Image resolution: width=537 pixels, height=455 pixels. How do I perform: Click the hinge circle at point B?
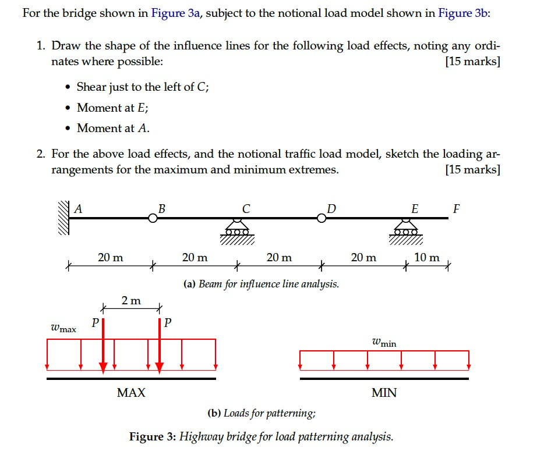tap(153, 218)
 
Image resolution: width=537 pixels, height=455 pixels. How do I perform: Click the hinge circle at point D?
tap(322, 218)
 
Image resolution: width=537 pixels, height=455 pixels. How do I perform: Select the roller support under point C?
tap(236, 229)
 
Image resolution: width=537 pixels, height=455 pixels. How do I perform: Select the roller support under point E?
tap(406, 229)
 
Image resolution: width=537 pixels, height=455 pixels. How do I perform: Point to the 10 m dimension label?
tap(427, 257)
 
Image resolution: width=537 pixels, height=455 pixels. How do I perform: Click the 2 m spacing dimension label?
tap(131, 301)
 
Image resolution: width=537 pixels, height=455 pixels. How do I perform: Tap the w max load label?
tap(63, 328)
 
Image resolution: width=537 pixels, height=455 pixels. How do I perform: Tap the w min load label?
tap(384, 342)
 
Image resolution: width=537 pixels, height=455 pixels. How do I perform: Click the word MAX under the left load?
tap(131, 393)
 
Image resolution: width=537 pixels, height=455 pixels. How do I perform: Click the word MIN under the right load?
tap(384, 393)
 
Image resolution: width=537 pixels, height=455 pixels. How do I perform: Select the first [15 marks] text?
tap(471, 61)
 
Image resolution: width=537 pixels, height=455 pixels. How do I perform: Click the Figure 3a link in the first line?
tap(175, 13)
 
